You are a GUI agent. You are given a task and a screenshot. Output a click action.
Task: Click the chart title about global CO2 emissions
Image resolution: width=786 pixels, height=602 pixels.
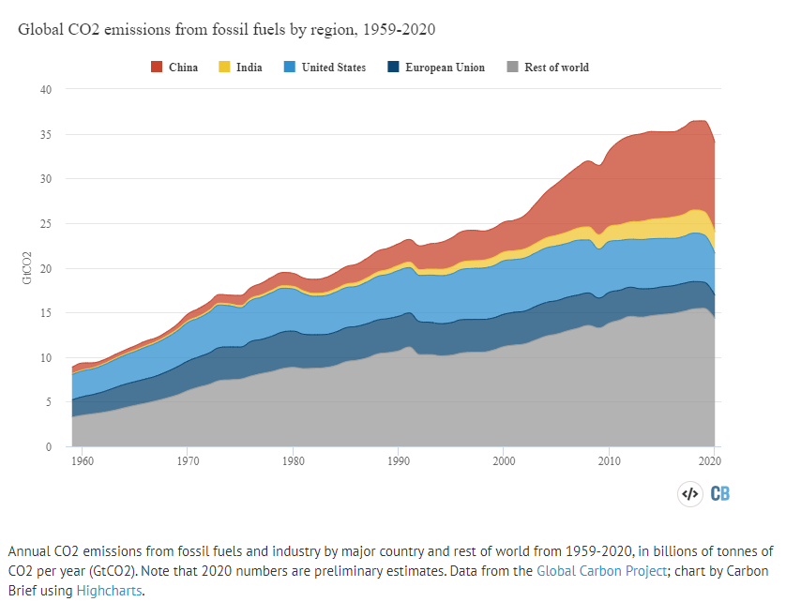(226, 29)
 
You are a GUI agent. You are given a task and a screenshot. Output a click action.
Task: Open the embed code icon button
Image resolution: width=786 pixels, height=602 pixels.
(689, 493)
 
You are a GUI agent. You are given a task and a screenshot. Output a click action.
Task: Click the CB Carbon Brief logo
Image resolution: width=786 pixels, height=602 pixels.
(721, 493)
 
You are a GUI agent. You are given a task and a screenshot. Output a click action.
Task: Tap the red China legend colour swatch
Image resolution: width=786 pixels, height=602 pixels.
(158, 68)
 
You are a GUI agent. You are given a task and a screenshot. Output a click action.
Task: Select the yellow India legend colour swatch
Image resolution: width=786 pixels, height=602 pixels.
(226, 68)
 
